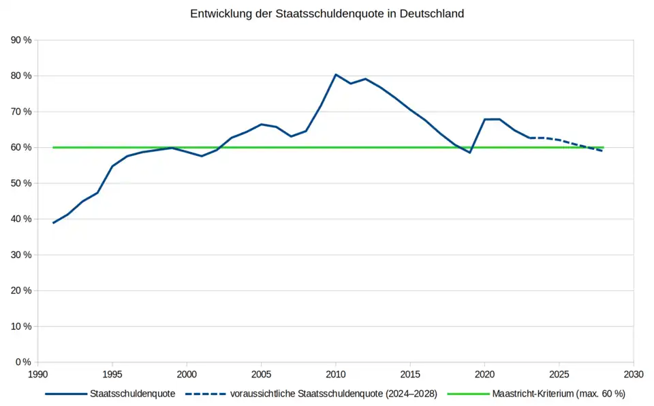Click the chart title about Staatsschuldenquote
coord(327,14)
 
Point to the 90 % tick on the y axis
coord(21,40)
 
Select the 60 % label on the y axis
coord(21,147)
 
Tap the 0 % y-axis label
coord(24,362)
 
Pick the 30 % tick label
coord(21,255)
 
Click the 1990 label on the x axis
coord(38,374)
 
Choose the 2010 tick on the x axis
coord(335,374)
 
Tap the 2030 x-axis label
coord(633,374)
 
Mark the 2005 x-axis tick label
coord(261,374)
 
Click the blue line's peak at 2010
coord(335,74)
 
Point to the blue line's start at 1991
coord(53,223)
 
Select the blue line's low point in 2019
coord(469,153)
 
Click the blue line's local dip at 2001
coord(202,156)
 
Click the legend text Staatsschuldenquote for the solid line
coord(132,394)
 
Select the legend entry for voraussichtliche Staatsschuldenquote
coord(334,394)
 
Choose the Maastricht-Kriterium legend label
coord(558,394)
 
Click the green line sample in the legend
coord(469,394)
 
